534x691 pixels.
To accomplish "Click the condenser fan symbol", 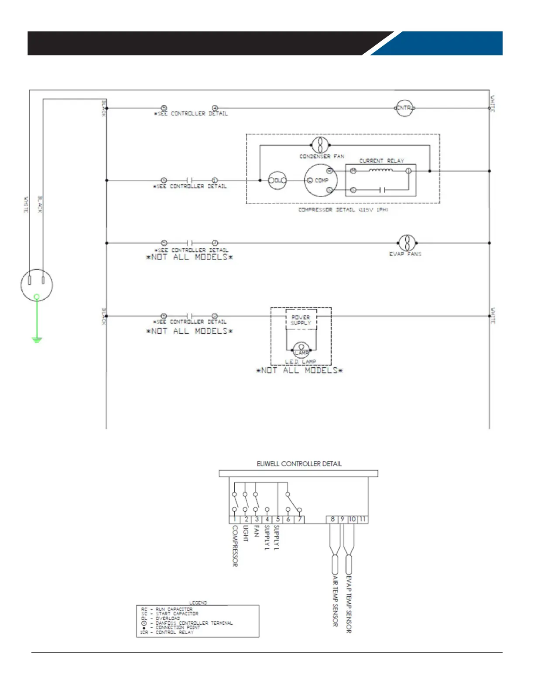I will (x=320, y=145).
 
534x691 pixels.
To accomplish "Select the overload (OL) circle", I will (x=277, y=180).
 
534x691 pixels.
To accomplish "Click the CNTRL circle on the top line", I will (x=404, y=108).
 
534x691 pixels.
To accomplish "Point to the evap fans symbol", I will (x=407, y=243).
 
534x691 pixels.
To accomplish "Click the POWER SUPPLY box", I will (x=301, y=320).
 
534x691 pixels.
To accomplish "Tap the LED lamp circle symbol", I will (x=301, y=350).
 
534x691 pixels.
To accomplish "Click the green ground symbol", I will (x=37, y=339).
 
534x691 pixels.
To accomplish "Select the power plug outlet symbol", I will (x=37, y=284).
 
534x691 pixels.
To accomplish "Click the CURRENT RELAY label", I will (x=381, y=161).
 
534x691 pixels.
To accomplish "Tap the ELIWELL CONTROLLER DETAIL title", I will (x=299, y=464).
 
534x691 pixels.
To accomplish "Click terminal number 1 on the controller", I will (x=234, y=519).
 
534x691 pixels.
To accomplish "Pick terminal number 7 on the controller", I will (x=299, y=519).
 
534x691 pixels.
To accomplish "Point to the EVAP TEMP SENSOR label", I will (x=349, y=604).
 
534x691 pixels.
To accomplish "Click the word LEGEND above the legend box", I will (x=198, y=602).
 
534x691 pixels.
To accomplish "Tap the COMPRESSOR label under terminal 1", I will (x=235, y=546).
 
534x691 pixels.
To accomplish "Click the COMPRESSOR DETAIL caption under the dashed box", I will (x=343, y=210).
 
